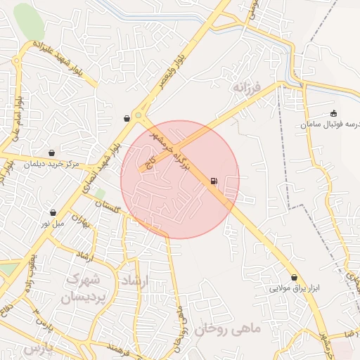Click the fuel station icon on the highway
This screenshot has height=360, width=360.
pyautogui.click(x=213, y=182)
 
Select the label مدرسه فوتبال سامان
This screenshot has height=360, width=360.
pyautogui.click(x=330, y=124)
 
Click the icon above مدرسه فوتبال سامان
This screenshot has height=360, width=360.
pyautogui.click(x=333, y=113)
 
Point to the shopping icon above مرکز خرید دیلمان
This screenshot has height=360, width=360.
pyautogui.click(x=52, y=153)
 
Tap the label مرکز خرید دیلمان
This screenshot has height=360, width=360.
pyautogui.click(x=51, y=164)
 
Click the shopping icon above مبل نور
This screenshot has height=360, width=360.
pyautogui.click(x=53, y=212)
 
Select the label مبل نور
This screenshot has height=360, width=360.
pyautogui.click(x=53, y=224)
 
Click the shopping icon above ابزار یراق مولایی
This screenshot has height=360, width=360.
pyautogui.click(x=294, y=277)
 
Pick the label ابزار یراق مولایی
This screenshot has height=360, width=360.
pyautogui.click(x=294, y=288)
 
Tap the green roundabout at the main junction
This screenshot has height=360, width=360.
pyautogui.click(x=138, y=115)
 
